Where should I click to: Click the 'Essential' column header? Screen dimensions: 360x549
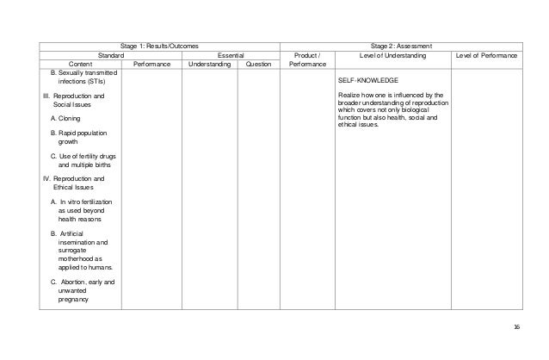[x=230, y=55]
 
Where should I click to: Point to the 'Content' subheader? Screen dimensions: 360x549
[x=82, y=64]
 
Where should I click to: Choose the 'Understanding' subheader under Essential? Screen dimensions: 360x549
[x=210, y=64]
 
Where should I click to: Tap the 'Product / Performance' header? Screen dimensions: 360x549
[x=307, y=59]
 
